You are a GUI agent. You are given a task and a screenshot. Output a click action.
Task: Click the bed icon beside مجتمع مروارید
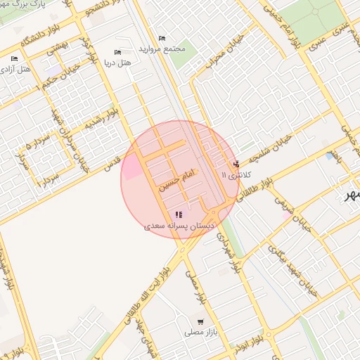pos(162,38)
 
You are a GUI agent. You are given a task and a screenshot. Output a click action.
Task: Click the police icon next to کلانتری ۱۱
pos(235,164)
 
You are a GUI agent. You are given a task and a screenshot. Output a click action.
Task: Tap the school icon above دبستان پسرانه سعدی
pos(179,214)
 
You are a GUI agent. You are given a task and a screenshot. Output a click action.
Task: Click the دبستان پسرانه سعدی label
pos(179,226)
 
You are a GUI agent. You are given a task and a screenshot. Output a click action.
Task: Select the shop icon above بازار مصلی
pos(202,321)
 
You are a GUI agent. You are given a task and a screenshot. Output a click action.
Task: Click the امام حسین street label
pos(172,180)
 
